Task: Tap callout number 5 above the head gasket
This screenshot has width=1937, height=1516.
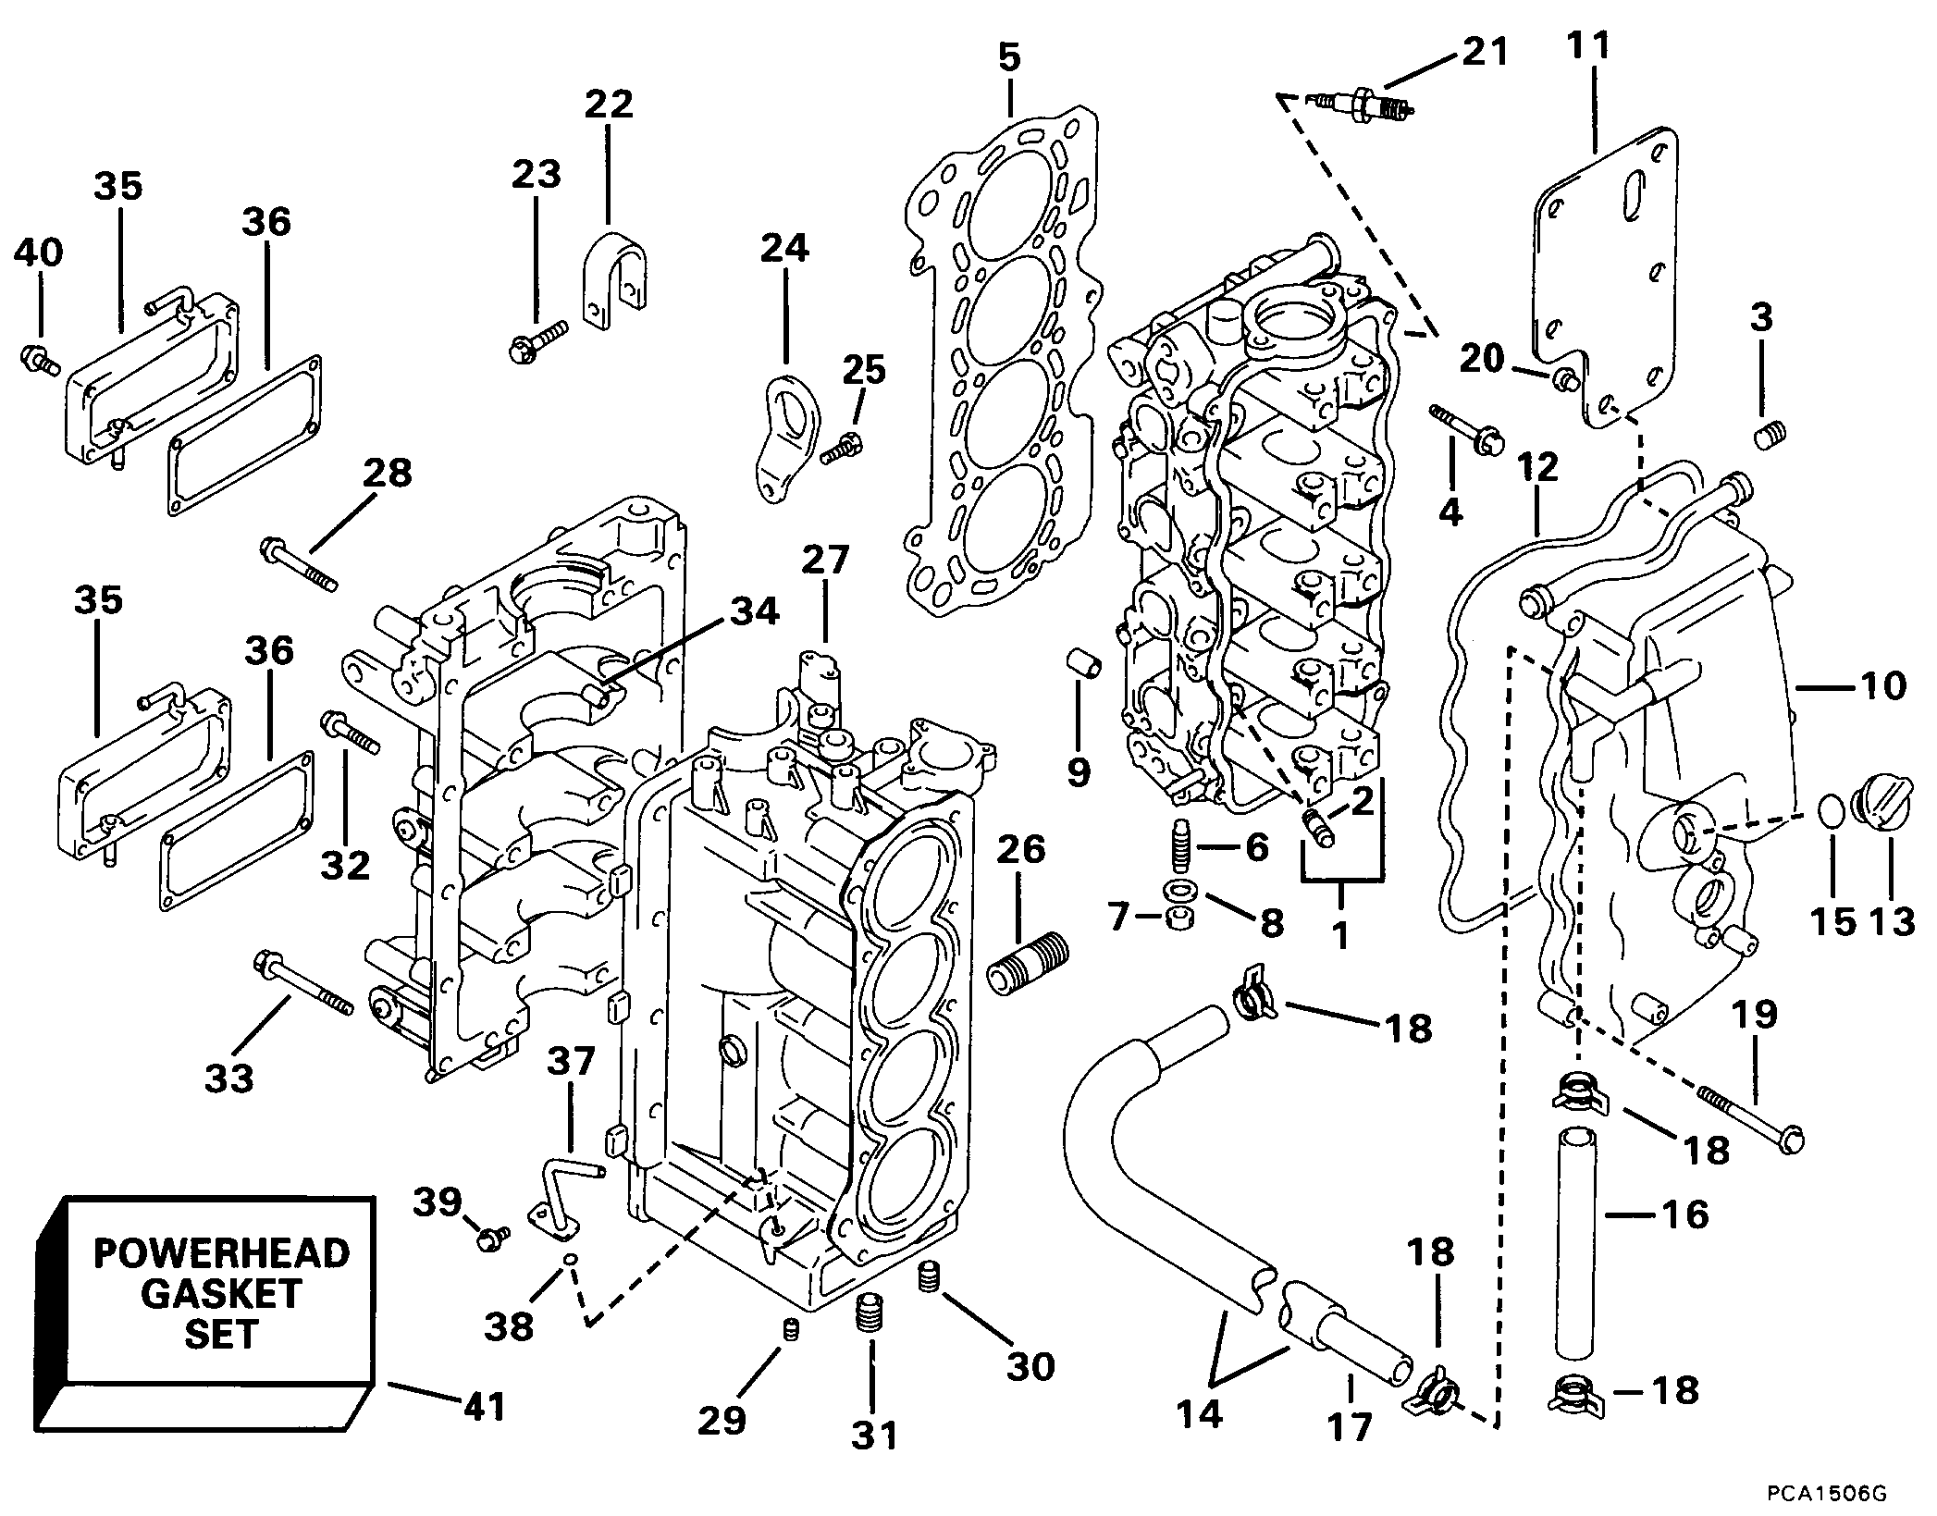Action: [1009, 57]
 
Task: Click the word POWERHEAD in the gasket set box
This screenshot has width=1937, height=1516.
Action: [222, 1254]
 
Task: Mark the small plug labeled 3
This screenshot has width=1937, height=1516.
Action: [1770, 434]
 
